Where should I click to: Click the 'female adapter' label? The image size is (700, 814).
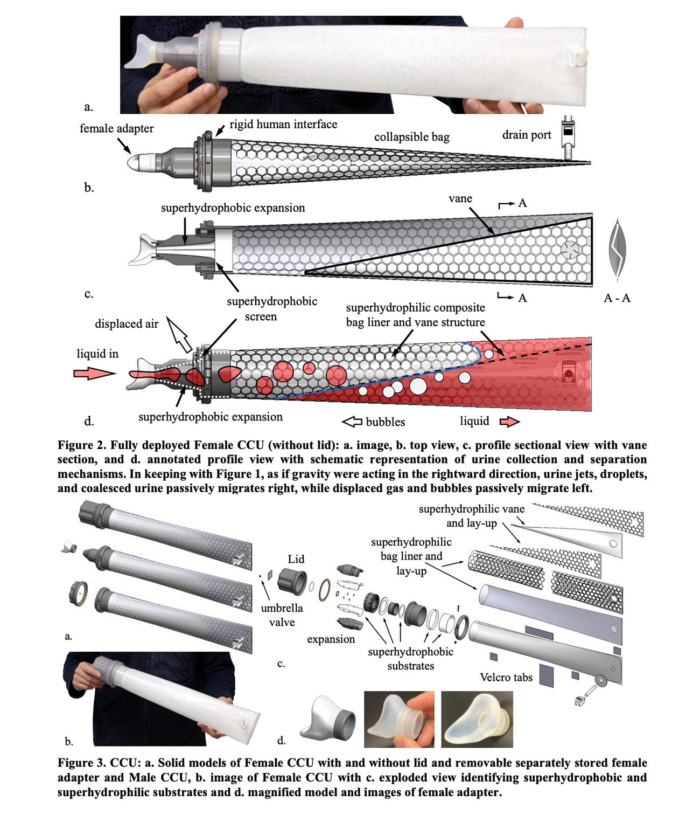pos(116,128)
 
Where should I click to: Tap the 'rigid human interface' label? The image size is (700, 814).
pos(283,124)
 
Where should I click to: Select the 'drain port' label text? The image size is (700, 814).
pos(526,135)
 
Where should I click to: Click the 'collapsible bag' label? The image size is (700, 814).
pos(411,137)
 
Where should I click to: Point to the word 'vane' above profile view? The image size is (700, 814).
pos(460,198)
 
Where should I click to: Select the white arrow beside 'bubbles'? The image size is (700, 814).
pos(352,422)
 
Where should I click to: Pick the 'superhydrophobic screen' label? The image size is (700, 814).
pos(271,309)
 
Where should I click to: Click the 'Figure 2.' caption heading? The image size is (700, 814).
pos(82,445)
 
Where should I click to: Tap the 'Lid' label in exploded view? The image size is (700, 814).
pos(296,559)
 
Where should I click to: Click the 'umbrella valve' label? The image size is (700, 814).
pos(282,615)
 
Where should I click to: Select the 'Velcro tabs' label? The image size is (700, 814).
pos(506,678)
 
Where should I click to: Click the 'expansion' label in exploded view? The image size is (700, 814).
pos(331,639)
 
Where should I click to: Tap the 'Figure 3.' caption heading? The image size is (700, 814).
pos(82,763)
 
